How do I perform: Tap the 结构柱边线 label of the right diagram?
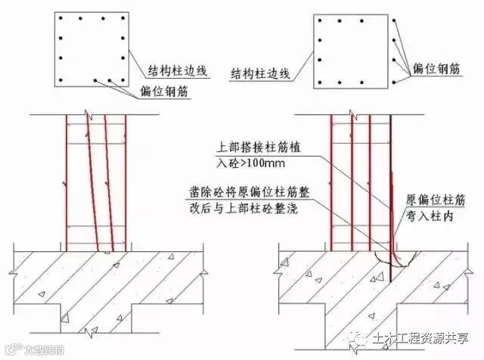[x=259, y=73]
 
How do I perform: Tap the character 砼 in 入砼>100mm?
[x=222, y=163]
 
